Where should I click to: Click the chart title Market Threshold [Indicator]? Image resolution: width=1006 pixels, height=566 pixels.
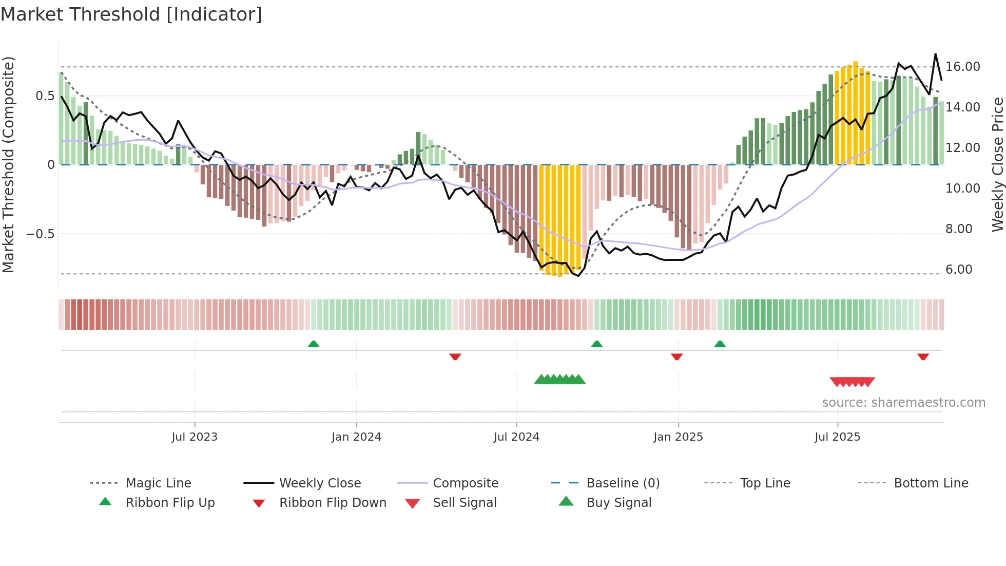point(131,14)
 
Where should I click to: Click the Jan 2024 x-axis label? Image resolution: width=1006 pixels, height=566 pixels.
point(356,437)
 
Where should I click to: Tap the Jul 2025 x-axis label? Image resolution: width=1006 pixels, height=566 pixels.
point(837,437)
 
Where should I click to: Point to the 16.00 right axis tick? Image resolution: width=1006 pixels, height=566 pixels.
point(962,67)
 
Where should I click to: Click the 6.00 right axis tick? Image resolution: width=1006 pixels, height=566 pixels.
point(958,270)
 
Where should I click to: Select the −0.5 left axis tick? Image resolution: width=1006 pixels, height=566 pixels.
point(40,234)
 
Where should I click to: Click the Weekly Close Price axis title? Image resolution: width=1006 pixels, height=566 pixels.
point(997,164)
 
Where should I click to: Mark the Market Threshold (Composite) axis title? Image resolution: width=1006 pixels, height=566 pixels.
point(8,164)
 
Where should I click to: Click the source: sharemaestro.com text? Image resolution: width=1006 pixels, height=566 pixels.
point(903,403)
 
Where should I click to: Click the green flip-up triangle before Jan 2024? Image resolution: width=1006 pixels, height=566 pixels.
point(314,344)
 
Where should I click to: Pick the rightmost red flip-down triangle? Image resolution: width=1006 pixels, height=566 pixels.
point(923,356)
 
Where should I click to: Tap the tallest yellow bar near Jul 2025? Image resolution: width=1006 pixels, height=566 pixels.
point(855,113)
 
